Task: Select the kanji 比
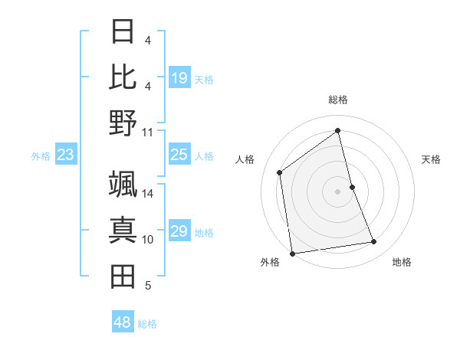coord(123,77)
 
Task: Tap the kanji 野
coord(123,123)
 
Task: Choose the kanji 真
coord(123,231)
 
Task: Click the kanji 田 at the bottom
coord(123,277)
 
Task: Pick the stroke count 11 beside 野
coord(148,132)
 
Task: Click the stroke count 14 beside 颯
coord(148,194)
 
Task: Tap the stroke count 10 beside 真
coord(148,240)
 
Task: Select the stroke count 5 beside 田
coord(148,286)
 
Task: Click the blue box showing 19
coord(179,78)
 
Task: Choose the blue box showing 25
coord(179,155)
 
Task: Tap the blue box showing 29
coord(179,231)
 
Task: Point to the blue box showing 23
coord(65,155)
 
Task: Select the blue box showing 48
coord(123,322)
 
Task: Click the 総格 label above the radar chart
coord(337,100)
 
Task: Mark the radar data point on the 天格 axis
coord(352,187)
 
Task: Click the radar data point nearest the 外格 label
coord(292,253)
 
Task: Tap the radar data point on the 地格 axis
coord(374,242)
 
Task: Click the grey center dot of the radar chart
coord(337,191)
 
